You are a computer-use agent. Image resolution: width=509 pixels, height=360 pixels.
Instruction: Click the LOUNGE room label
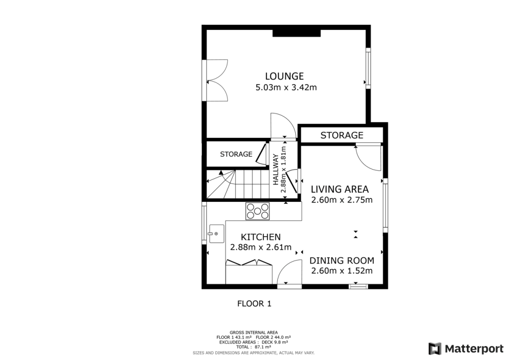pos(284,76)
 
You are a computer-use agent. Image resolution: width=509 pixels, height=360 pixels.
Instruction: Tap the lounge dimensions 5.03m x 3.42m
pos(286,88)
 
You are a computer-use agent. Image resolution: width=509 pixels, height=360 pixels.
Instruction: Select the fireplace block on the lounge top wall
pos(297,33)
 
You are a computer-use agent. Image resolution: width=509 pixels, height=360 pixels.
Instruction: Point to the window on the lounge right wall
pos(368,68)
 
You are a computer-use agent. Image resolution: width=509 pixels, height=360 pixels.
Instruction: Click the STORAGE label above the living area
pos(341,135)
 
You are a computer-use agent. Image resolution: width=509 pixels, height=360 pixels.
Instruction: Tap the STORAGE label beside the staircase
pos(236,154)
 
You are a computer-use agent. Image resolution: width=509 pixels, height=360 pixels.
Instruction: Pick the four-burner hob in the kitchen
pos(258,211)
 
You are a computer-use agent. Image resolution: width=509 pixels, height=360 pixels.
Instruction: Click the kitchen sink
pos(216,233)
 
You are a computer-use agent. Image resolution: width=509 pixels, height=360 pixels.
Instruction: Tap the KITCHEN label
pos(260,237)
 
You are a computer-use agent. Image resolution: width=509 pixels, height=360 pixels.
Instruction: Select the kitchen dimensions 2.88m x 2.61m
pos(260,247)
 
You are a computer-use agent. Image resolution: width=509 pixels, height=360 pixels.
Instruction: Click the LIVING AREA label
pos(339,189)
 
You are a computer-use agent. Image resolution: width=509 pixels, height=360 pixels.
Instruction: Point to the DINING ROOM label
pos(341,261)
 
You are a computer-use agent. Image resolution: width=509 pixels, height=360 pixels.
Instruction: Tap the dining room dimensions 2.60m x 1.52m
pos(341,271)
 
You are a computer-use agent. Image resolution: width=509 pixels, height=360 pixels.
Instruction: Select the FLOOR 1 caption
pos(254,303)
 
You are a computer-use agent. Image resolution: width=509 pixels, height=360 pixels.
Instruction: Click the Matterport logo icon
pos(435,348)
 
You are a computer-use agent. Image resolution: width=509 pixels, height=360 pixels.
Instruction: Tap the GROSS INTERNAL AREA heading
pos(254,332)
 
